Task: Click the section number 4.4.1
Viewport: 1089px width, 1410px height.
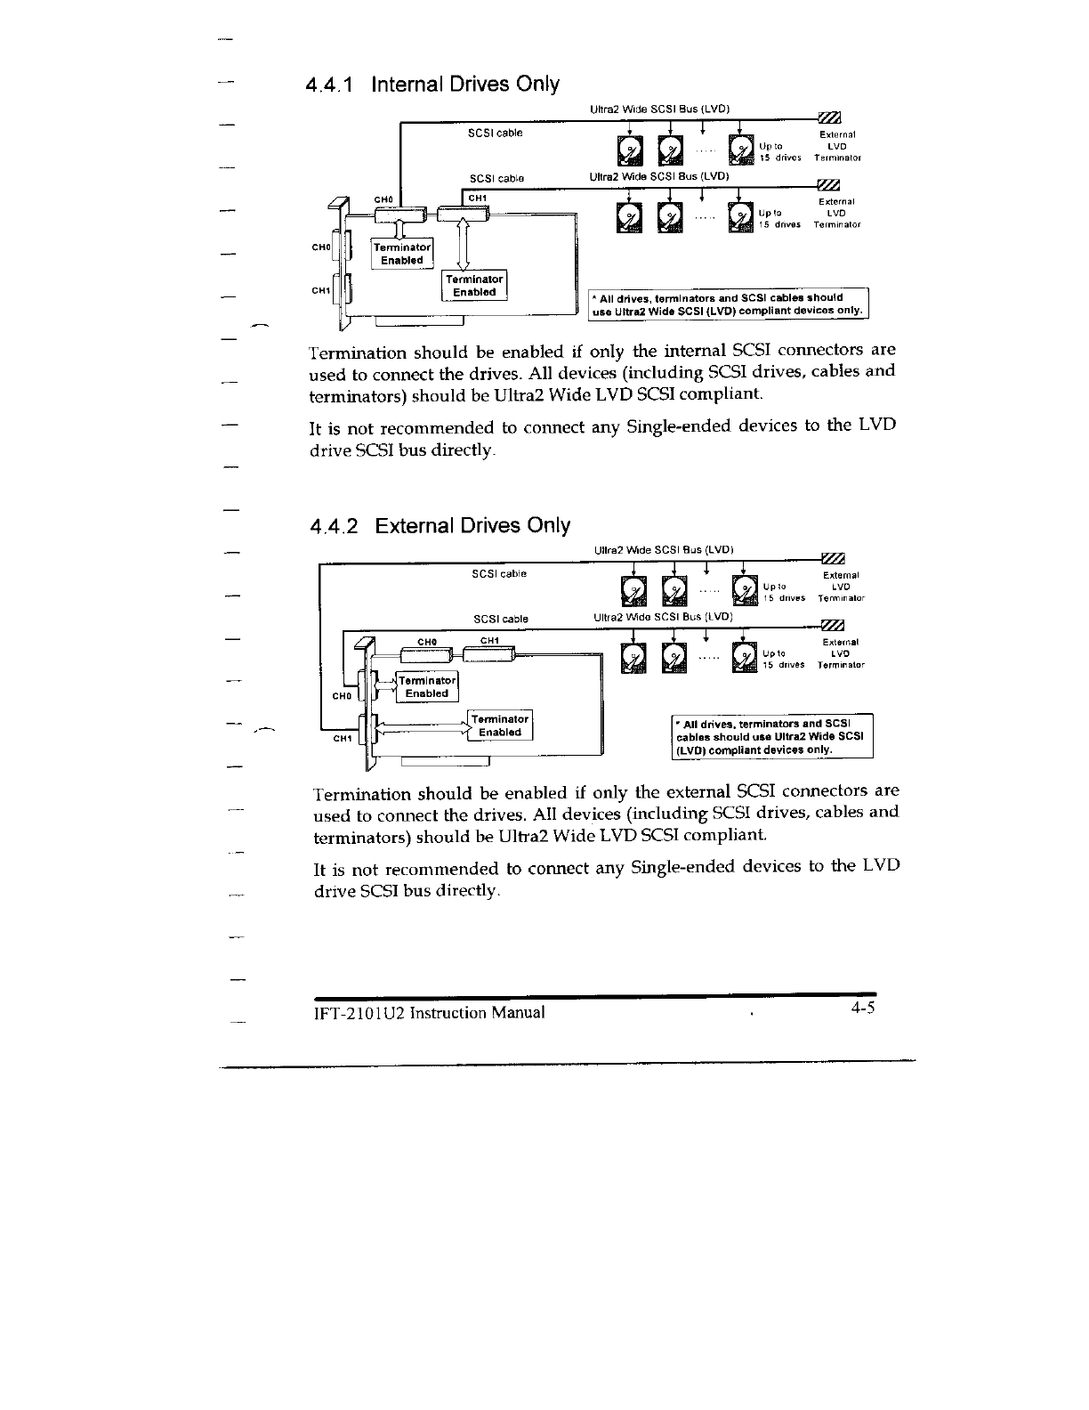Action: point(329,85)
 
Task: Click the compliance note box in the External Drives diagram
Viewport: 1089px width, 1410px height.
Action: point(772,736)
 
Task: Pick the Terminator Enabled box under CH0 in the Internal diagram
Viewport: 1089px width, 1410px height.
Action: point(401,254)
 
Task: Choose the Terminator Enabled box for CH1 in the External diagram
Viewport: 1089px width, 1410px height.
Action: point(499,725)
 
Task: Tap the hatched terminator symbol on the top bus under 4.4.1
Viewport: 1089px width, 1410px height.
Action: point(828,119)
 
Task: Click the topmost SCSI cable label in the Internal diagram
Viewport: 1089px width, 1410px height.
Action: point(496,134)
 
